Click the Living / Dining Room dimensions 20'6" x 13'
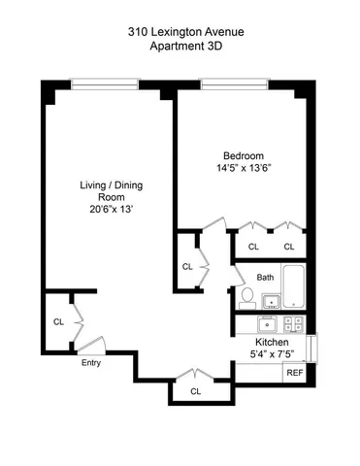coord(106,208)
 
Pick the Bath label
coord(266,277)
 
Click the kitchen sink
coord(269,324)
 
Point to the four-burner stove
coord(294,324)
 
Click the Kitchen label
coord(273,344)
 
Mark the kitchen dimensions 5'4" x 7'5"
coord(273,356)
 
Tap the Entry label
coord(90,363)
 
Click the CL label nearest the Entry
coord(58,321)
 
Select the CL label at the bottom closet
coord(196,391)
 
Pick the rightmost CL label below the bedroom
coord(289,247)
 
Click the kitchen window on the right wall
coord(312,346)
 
